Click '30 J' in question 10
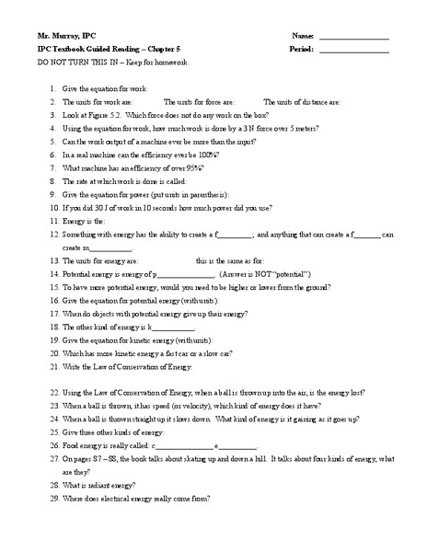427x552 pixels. click(93, 209)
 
